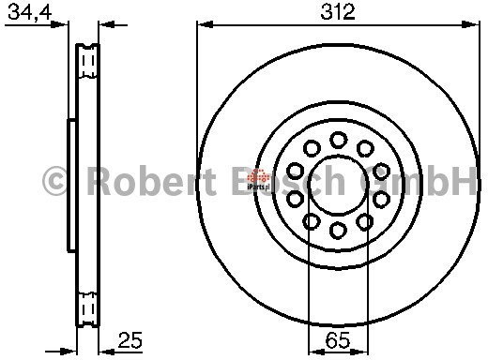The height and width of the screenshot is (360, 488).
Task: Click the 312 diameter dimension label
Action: pos(338,12)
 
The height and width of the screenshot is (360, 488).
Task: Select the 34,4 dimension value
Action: pos(30,12)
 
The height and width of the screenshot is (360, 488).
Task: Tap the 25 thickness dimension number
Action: pos(130,339)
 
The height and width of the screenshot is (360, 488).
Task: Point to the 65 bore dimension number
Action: pos(338,340)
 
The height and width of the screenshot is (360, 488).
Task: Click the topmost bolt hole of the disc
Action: pos(339,140)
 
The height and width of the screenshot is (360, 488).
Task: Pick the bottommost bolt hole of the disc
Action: pos(339,231)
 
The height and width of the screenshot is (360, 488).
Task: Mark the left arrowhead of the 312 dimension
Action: pos(205,24)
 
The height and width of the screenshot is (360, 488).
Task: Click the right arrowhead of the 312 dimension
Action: pos(470,24)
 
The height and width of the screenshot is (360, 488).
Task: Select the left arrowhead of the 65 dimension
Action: pos(316,352)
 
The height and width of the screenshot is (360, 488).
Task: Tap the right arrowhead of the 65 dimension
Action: pos(360,352)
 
